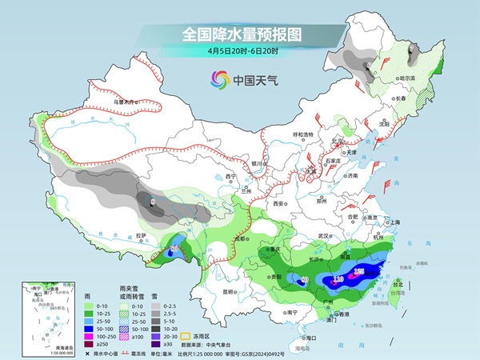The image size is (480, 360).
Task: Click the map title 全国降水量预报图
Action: coord(239,34)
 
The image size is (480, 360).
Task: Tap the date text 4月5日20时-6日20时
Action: coord(239,52)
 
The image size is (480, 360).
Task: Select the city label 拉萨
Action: coord(141,235)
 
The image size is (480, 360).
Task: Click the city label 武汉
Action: coord(324,236)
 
